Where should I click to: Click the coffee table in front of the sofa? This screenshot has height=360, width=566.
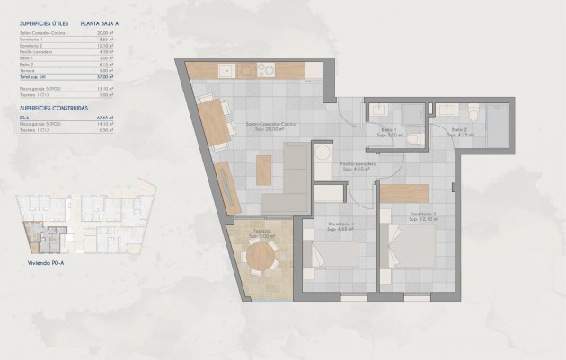262,168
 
